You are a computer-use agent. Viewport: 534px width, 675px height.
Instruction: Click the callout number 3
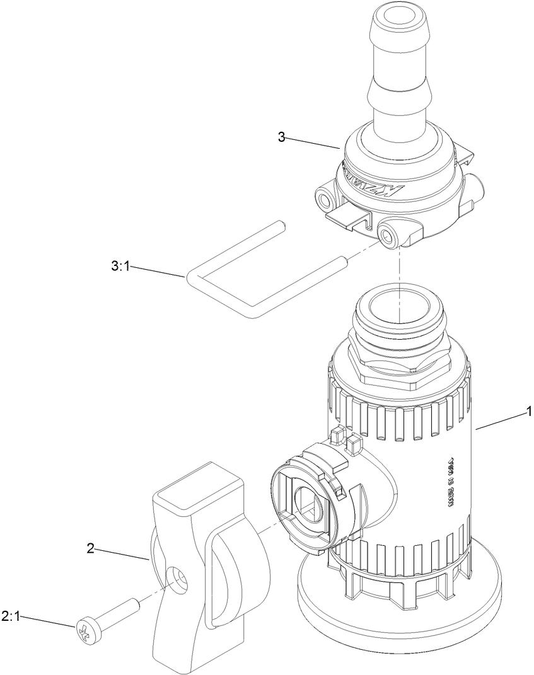click(x=281, y=137)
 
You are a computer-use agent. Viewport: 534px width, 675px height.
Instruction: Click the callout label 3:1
click(x=120, y=266)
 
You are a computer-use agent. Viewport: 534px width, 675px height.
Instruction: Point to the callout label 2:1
click(x=11, y=617)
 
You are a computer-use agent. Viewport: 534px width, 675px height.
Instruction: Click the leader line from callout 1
click(x=501, y=421)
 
